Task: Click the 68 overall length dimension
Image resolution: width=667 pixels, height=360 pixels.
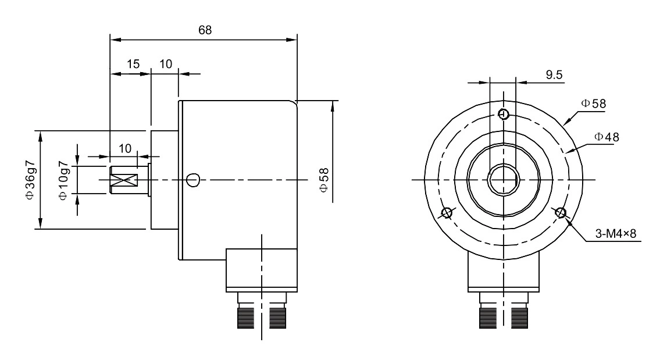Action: tap(205, 30)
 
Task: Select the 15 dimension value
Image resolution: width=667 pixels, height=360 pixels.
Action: tap(134, 64)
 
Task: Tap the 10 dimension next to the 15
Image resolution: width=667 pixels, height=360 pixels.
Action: tap(166, 64)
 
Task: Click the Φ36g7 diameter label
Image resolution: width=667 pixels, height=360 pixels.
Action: tap(30, 180)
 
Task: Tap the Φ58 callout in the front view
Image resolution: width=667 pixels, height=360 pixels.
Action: tap(593, 104)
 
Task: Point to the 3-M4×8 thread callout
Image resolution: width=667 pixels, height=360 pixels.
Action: tap(616, 234)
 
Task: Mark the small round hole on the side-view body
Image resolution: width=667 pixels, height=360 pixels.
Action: tap(194, 180)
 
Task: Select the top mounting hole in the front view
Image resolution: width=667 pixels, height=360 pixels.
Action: tap(504, 113)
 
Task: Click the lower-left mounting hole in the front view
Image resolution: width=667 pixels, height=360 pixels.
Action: tap(447, 212)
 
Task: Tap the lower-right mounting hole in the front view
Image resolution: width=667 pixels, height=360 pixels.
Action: tap(561, 212)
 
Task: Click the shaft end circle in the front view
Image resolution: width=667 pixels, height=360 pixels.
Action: tap(503, 180)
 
